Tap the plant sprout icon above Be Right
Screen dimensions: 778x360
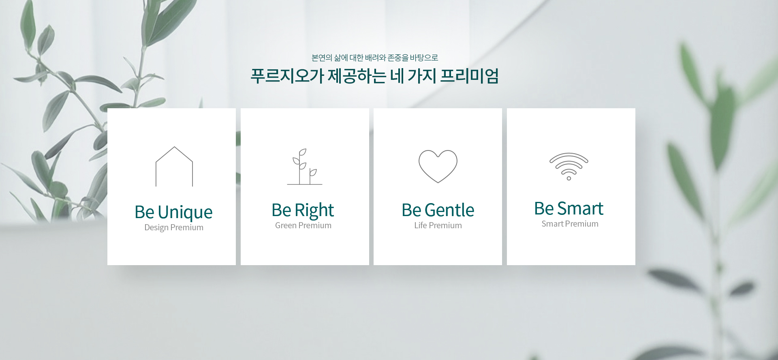(x=300, y=170)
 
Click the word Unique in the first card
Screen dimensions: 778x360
(x=185, y=213)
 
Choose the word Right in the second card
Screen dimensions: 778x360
(x=314, y=211)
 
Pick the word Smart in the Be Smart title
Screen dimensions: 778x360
(x=580, y=209)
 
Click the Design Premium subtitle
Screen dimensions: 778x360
(x=174, y=227)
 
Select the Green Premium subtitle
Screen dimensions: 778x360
(x=303, y=225)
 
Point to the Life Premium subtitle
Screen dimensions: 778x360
(x=438, y=225)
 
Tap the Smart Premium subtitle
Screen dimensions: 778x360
(x=570, y=224)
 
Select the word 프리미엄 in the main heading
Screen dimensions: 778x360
(x=469, y=76)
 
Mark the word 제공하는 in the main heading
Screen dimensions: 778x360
(x=357, y=76)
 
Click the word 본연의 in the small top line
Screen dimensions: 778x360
(x=322, y=58)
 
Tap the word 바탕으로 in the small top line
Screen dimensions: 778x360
(x=424, y=58)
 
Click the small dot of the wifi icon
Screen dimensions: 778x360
(x=569, y=178)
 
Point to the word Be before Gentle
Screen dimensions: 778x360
(x=412, y=210)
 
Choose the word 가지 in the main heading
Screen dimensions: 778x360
(x=422, y=76)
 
